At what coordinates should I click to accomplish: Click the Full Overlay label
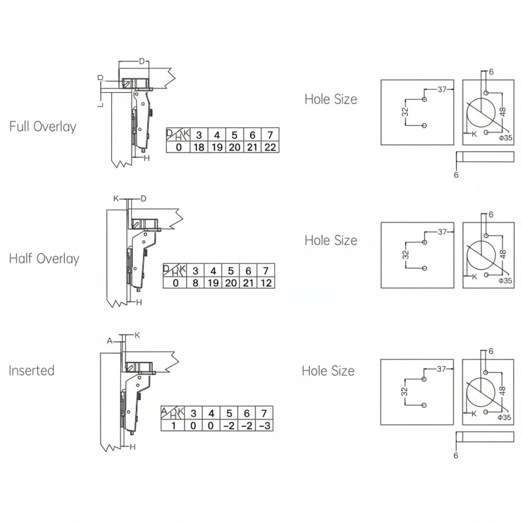click(43, 126)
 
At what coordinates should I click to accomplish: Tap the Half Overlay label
click(44, 258)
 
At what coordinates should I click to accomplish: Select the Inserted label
click(32, 371)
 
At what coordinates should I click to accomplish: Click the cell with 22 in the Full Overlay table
click(270, 147)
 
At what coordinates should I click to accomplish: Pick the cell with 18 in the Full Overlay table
click(199, 147)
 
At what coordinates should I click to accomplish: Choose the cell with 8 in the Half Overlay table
click(195, 282)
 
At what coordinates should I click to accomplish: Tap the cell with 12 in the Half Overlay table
click(266, 282)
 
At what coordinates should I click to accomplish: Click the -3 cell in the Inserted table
click(265, 426)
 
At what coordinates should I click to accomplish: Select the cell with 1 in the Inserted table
click(173, 426)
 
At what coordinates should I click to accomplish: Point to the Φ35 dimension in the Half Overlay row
click(505, 281)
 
